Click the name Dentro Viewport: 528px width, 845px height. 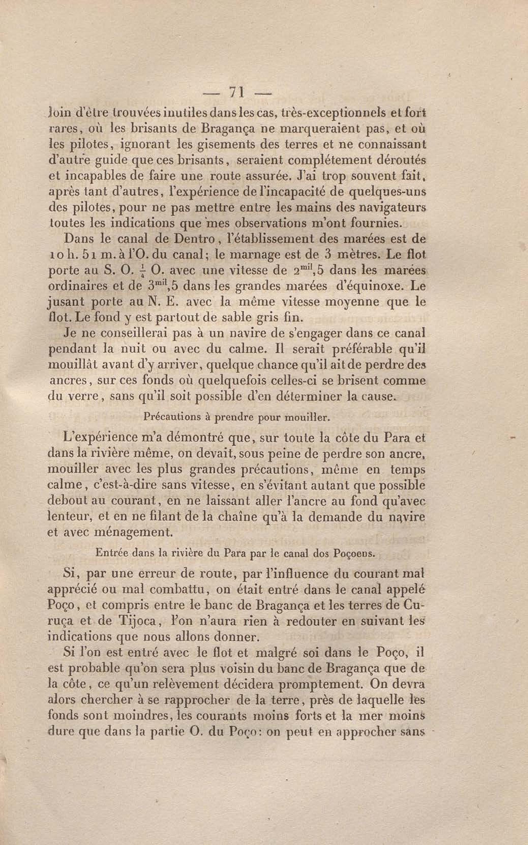click(x=194, y=240)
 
